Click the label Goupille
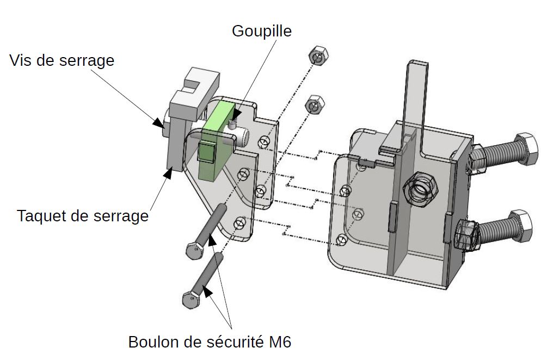point(261,31)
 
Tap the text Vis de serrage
point(62,60)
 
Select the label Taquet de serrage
point(83,216)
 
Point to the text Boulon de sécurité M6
point(210,343)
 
